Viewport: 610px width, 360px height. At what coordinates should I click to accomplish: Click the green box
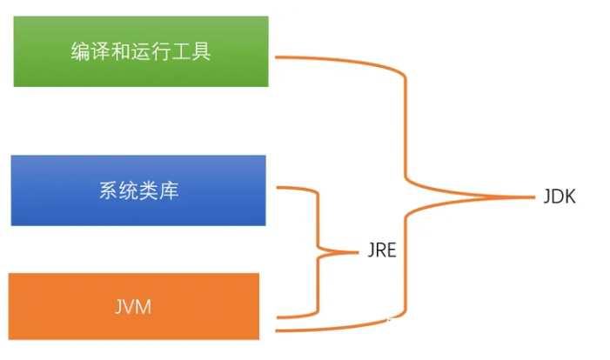coord(141,50)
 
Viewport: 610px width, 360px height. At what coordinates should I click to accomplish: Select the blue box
coord(138,190)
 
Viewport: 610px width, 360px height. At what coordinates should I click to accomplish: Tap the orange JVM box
coord(134,306)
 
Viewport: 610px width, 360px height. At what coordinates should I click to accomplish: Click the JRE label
coord(380,252)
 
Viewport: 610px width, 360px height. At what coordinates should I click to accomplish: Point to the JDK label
coord(560,197)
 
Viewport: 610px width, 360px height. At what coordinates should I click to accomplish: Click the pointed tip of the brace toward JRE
coord(357,252)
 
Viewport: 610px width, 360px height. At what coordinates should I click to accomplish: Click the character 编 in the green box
coord(80,51)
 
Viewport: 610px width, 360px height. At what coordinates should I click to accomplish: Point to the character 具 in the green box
coord(201,51)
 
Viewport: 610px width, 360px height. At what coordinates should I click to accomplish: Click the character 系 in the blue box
coord(109,191)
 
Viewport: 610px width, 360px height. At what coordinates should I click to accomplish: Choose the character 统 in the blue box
coord(129,191)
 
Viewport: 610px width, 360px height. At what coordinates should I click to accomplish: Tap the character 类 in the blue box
coord(149,191)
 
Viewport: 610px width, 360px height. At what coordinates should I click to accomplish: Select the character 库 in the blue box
coord(169,191)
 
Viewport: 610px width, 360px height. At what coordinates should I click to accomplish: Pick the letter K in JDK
coord(570,197)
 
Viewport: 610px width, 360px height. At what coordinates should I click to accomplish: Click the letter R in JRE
coord(379,252)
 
